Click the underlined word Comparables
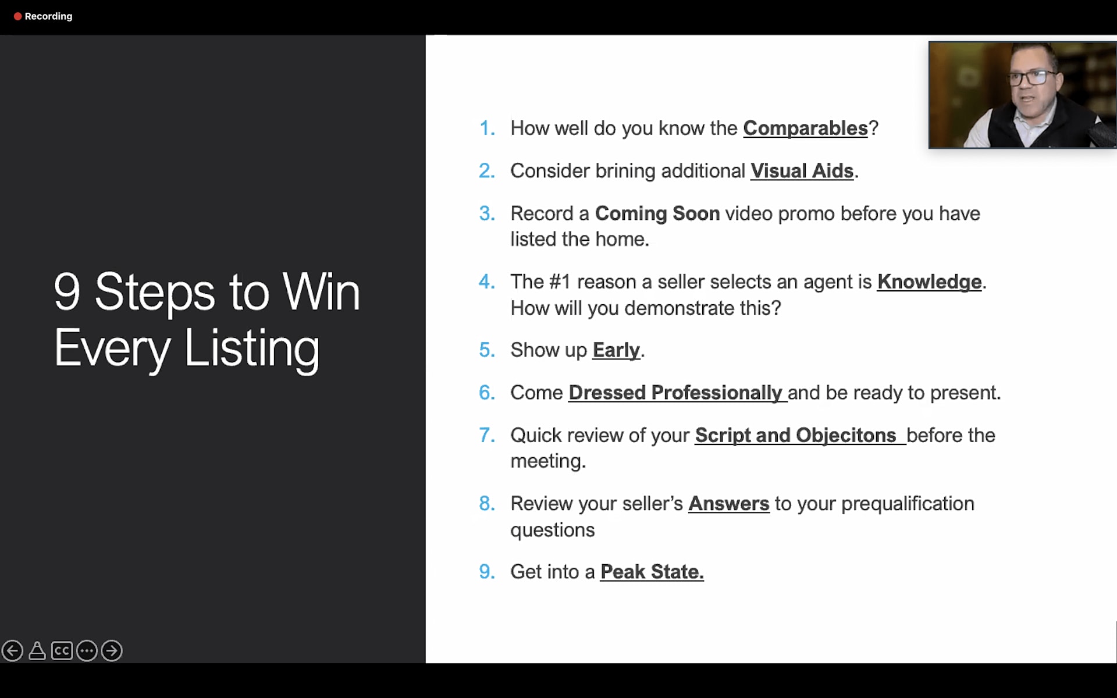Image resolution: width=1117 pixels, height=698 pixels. [x=805, y=129]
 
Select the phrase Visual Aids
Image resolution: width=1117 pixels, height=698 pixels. [x=802, y=171]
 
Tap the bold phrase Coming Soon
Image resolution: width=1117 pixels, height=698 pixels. [x=657, y=213]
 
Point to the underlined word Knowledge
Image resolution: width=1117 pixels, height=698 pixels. [x=929, y=282]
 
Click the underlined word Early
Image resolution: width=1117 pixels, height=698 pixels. [x=616, y=351]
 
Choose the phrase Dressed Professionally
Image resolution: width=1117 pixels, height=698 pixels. [x=675, y=393]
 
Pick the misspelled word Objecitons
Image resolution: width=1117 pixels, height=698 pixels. [x=846, y=436]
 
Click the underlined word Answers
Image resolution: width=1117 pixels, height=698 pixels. [x=729, y=504]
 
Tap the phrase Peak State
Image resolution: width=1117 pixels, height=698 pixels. [x=652, y=572]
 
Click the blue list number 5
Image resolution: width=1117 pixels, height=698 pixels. [x=486, y=350]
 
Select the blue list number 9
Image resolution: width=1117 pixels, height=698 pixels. [x=486, y=572]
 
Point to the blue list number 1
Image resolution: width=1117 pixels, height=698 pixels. [x=487, y=128]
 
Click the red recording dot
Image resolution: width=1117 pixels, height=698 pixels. [x=17, y=16]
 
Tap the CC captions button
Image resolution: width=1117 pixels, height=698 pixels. [x=62, y=650]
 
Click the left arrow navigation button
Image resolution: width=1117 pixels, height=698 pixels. [x=12, y=650]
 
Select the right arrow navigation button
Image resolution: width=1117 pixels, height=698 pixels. [x=112, y=650]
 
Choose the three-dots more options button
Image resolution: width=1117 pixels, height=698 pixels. [x=87, y=650]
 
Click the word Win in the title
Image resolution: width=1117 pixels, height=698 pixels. [x=321, y=292]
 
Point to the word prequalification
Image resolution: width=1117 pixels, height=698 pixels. [x=908, y=504]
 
